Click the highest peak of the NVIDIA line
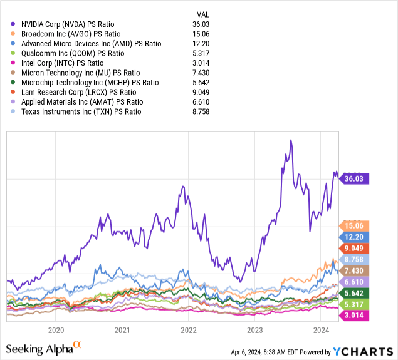click(291, 140)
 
